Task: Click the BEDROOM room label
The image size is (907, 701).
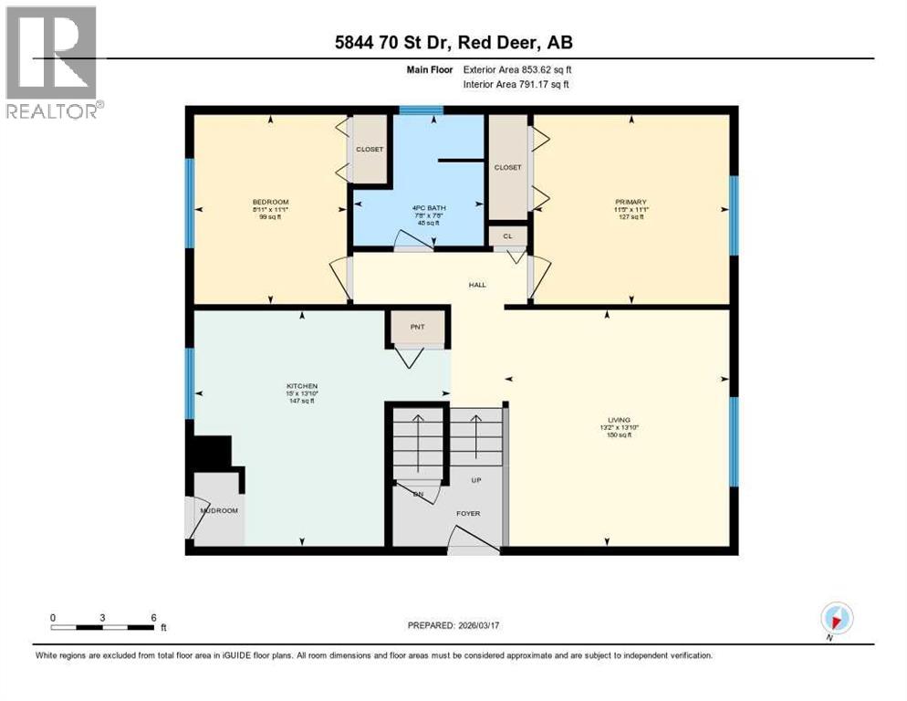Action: click(x=270, y=202)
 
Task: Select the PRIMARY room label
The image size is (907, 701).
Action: click(x=631, y=202)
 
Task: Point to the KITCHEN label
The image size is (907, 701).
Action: click(x=301, y=386)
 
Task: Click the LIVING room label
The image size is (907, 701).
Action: click(x=619, y=420)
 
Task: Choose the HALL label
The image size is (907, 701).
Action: click(x=477, y=285)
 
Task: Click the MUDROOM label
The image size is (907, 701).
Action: click(x=219, y=510)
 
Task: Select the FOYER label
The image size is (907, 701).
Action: click(x=468, y=513)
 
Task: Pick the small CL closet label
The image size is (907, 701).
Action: click(x=507, y=235)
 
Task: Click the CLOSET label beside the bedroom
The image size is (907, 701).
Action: click(x=370, y=149)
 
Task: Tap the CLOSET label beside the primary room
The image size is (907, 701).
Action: click(x=507, y=167)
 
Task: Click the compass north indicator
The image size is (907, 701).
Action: click(x=836, y=618)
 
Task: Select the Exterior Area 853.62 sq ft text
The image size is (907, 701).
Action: click(x=520, y=68)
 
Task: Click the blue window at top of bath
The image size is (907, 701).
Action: click(x=421, y=110)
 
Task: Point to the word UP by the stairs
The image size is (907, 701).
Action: click(x=475, y=479)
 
